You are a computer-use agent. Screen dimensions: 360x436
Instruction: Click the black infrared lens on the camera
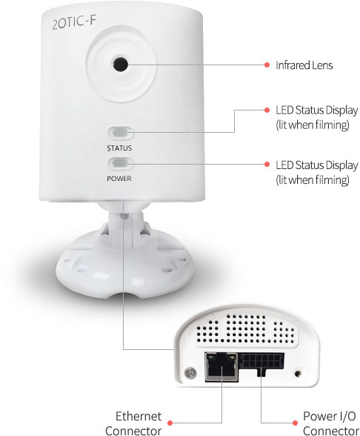click(x=121, y=65)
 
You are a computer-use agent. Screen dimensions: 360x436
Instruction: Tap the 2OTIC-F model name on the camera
click(x=74, y=22)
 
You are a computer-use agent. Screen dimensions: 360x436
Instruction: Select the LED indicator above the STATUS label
click(x=120, y=133)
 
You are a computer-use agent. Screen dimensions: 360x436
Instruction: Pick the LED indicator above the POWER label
click(x=120, y=163)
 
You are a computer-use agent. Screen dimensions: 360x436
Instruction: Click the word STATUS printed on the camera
click(x=119, y=148)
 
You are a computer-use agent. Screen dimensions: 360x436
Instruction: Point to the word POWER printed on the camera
click(x=119, y=179)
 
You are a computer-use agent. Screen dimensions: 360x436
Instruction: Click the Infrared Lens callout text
click(x=304, y=65)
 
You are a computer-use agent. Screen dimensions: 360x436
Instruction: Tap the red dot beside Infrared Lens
click(x=267, y=65)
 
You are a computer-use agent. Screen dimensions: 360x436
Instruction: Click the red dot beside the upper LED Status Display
click(x=267, y=110)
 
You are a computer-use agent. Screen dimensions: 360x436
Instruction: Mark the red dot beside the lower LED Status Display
click(x=267, y=165)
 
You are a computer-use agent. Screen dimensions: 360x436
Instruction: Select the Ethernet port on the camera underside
click(x=221, y=366)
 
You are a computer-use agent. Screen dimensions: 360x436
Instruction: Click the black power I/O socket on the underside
click(x=261, y=363)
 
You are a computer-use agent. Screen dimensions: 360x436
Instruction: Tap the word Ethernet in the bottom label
click(x=139, y=416)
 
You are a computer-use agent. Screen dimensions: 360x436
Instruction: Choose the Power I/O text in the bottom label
click(x=329, y=416)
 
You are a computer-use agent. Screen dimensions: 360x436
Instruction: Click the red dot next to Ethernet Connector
click(x=170, y=423)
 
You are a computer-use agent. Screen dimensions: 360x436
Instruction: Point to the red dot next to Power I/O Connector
click(x=295, y=423)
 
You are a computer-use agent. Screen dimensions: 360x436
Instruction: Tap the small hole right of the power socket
click(x=299, y=373)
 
